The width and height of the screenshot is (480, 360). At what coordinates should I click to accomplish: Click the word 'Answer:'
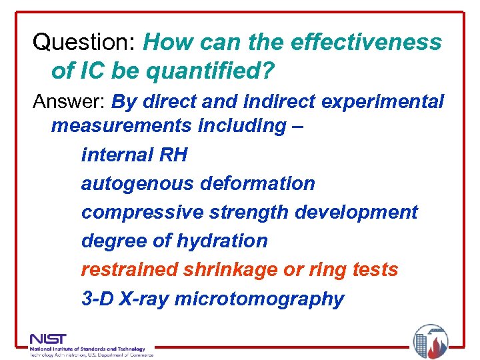69,102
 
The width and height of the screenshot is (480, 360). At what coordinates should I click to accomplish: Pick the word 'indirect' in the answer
254,102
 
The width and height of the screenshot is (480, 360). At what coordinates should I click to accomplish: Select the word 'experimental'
371,102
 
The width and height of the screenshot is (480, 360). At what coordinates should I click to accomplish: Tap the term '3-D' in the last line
97,299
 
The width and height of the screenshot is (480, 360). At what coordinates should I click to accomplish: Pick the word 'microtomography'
259,299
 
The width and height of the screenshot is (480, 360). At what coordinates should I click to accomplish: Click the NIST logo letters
48,339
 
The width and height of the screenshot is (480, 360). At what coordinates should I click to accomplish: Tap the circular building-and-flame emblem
431,341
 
